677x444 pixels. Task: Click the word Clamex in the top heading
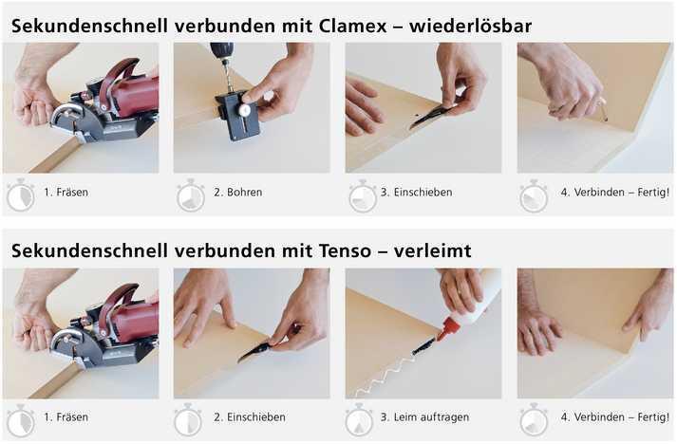point(353,27)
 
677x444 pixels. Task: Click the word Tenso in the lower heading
point(345,251)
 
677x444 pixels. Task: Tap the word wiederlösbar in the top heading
point(471,27)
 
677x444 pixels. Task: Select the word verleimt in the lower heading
point(432,251)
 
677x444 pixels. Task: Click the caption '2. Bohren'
point(238,193)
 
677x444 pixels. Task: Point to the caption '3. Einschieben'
point(416,193)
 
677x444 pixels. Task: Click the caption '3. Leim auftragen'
point(424,417)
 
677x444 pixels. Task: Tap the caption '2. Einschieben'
point(250,417)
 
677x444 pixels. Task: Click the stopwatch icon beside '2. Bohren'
point(191,195)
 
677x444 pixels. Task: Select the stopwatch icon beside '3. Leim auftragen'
point(359,420)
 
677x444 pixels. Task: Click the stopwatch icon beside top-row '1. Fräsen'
point(20,195)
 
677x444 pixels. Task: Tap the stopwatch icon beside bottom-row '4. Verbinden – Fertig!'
point(534,420)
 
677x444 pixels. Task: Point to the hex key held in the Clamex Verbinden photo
point(603,110)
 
